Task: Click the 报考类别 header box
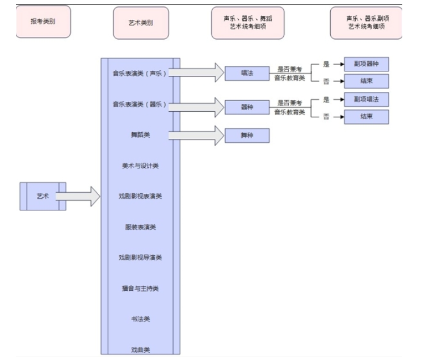click(x=43, y=22)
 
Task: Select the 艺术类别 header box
click(x=141, y=23)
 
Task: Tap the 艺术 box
click(x=43, y=196)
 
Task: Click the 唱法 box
click(x=247, y=73)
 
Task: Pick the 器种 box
click(x=247, y=107)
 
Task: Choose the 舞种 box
click(x=247, y=136)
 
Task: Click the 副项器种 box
click(x=366, y=64)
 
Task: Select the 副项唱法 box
click(x=366, y=99)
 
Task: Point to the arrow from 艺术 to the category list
click(x=78, y=196)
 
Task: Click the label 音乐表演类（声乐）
click(x=140, y=73)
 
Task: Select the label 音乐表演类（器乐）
click(x=140, y=104)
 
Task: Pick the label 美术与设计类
click(x=140, y=166)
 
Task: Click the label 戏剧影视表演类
click(x=140, y=196)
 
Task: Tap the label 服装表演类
click(x=140, y=227)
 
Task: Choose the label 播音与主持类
click(x=140, y=289)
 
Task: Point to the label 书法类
click(x=140, y=319)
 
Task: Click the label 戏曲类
click(x=140, y=350)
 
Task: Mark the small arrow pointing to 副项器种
click(x=339, y=65)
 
